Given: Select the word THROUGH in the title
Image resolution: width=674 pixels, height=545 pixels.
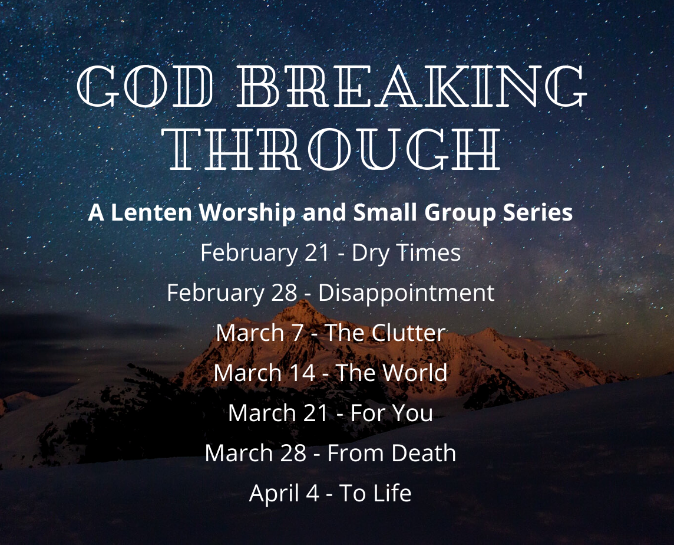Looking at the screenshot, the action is click(x=335, y=149).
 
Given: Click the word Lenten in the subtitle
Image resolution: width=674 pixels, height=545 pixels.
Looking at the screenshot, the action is click(x=151, y=212).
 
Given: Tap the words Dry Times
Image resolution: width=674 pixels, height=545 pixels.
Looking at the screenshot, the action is click(x=406, y=253).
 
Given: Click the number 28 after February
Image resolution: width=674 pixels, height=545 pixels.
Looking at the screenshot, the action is click(x=284, y=293).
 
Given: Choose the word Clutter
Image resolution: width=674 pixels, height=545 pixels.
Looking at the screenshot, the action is click(x=408, y=333).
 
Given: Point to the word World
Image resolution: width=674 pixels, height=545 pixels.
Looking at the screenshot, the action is click(x=414, y=373).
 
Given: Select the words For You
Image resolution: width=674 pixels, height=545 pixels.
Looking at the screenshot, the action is click(x=392, y=413).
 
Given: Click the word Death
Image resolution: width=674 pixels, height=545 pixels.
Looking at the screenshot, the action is click(x=424, y=454).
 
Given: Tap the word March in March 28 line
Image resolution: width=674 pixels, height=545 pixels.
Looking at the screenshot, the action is click(x=237, y=454).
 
